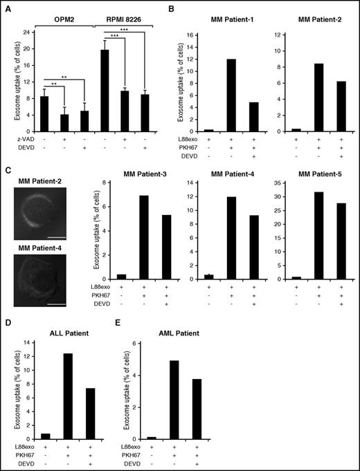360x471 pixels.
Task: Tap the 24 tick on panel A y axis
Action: point(27,33)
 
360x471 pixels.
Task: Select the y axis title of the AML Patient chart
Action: point(129,396)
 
